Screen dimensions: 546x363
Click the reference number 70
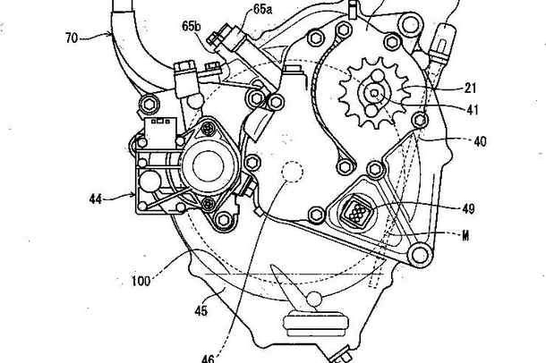point(72,38)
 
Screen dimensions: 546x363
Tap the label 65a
point(262,9)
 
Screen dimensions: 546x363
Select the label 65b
point(192,26)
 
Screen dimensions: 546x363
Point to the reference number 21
point(470,88)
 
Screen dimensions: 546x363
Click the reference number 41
point(473,109)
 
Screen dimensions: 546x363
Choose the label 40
point(480,141)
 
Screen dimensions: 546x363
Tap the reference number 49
point(468,208)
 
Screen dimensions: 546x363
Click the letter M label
point(465,236)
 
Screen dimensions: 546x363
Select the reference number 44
point(96,198)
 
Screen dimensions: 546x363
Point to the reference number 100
point(141,281)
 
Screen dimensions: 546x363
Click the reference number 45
point(200,310)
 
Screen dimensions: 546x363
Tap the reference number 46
point(208,359)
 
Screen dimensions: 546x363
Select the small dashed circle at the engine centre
point(292,172)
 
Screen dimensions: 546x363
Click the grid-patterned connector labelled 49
point(357,211)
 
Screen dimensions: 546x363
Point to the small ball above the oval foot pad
point(314,299)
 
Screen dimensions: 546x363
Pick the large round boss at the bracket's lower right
point(420,255)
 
